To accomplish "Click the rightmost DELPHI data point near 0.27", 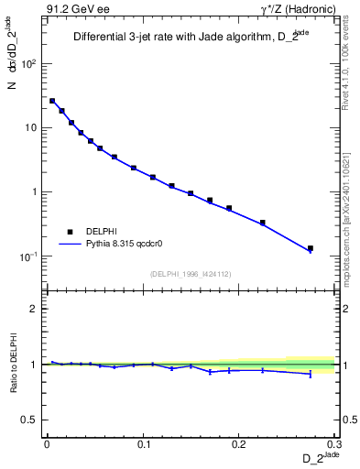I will [311, 248].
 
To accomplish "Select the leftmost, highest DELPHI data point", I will [52, 101].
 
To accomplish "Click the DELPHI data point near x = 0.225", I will [262, 223].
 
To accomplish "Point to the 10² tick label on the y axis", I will [29, 64].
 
